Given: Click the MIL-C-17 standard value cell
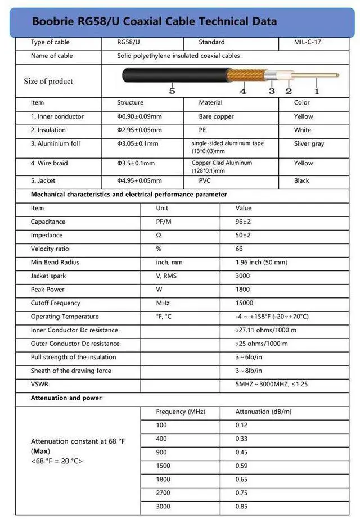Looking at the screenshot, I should tap(308, 42).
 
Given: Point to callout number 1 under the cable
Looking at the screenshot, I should tap(317, 91).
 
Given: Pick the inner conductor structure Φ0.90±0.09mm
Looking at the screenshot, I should tap(139, 116).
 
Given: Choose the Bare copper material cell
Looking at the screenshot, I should tap(216, 116).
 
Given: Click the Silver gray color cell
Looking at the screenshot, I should tap(309, 143).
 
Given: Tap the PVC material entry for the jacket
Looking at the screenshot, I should tap(205, 180).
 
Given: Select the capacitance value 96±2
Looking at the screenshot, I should tap(243, 222).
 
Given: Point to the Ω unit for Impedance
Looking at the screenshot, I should tap(159, 235).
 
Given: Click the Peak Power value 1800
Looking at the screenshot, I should tap(242, 289).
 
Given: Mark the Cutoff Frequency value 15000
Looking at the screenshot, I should tap(244, 303).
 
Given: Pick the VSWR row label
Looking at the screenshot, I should tap(39, 384).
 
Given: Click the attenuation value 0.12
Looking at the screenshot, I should tap(241, 425).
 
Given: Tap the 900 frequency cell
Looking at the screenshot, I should tap(161, 452).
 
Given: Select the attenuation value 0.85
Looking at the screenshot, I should tap(241, 506).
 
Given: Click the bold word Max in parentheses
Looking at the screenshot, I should tap(40, 451).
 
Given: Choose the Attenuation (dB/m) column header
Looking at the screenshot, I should tap(263, 412).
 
